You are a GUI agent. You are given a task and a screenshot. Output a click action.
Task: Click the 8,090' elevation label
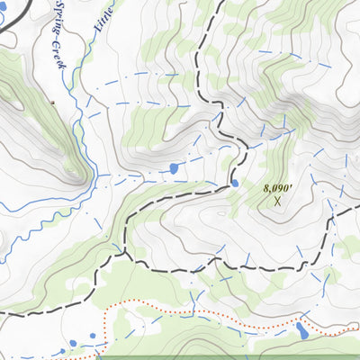click(x=278, y=189)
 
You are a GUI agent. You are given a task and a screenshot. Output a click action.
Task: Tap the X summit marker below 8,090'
click(x=277, y=202)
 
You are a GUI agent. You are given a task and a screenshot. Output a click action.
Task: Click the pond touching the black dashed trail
click(x=235, y=183)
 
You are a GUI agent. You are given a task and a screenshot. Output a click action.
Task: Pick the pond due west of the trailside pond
click(x=173, y=168)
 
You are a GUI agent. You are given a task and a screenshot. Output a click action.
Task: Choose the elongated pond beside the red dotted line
click(x=302, y=332)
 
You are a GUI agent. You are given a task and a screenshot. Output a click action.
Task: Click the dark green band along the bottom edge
click(x=225, y=357)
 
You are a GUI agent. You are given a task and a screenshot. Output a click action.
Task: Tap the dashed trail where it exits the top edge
click(x=217, y=3)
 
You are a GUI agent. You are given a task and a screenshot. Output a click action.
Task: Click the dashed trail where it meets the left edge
click(x=3, y=313)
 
